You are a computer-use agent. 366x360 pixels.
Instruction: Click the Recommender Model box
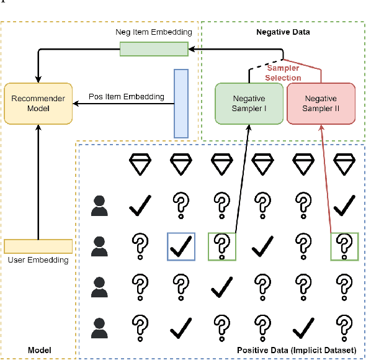click(38, 103)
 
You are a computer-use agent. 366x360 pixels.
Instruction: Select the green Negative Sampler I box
click(249, 104)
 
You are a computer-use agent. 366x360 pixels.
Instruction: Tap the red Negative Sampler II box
click(321, 104)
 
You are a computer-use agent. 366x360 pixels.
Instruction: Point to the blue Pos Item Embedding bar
click(181, 102)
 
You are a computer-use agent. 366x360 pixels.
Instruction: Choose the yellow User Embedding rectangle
click(38, 246)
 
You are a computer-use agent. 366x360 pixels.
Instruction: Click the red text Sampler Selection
click(283, 73)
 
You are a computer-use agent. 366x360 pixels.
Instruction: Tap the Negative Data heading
click(283, 31)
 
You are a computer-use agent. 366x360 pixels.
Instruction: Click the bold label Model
click(39, 351)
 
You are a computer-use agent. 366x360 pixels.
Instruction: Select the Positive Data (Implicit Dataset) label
click(297, 351)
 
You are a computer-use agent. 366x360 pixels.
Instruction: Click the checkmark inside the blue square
click(181, 246)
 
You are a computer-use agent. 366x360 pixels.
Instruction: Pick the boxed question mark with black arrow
click(221, 246)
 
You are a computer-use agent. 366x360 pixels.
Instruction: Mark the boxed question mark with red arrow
click(344, 246)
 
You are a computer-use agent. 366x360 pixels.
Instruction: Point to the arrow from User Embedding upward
click(38, 180)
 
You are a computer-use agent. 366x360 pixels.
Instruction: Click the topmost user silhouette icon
click(99, 205)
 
